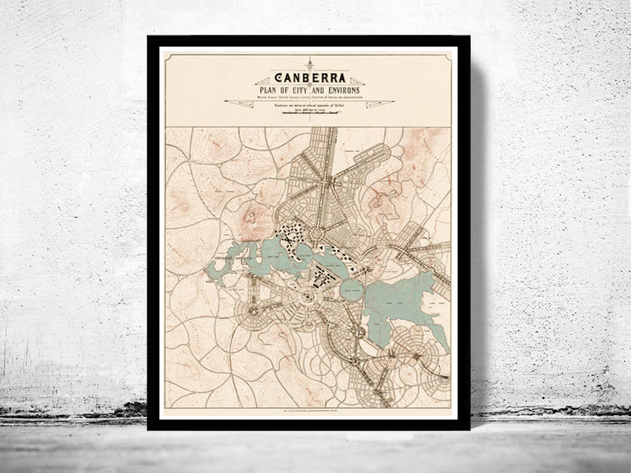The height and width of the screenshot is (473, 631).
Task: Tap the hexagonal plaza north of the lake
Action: pyautogui.click(x=317, y=234)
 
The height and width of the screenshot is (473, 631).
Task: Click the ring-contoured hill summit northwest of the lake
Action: pyautogui.click(x=252, y=214)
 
